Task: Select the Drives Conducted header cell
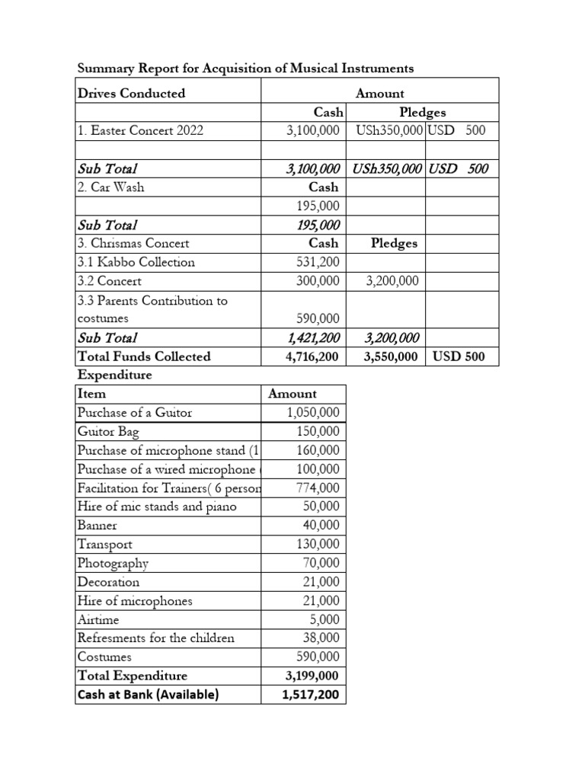[x=131, y=93]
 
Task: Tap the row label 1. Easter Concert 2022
[x=140, y=131]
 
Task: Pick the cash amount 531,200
[x=318, y=262]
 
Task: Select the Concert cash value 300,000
[x=318, y=281]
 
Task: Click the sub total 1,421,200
[x=313, y=337]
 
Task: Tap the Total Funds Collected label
[x=144, y=356]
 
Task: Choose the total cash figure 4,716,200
[x=312, y=356]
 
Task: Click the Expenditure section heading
[x=114, y=376]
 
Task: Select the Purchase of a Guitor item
[x=135, y=413]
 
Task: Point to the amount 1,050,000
[x=313, y=413]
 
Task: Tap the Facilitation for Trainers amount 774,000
[x=318, y=488]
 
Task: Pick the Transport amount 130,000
[x=318, y=545]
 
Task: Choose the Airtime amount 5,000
[x=324, y=620]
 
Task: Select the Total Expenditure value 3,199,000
[x=312, y=676]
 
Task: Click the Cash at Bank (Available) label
[x=148, y=695]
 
